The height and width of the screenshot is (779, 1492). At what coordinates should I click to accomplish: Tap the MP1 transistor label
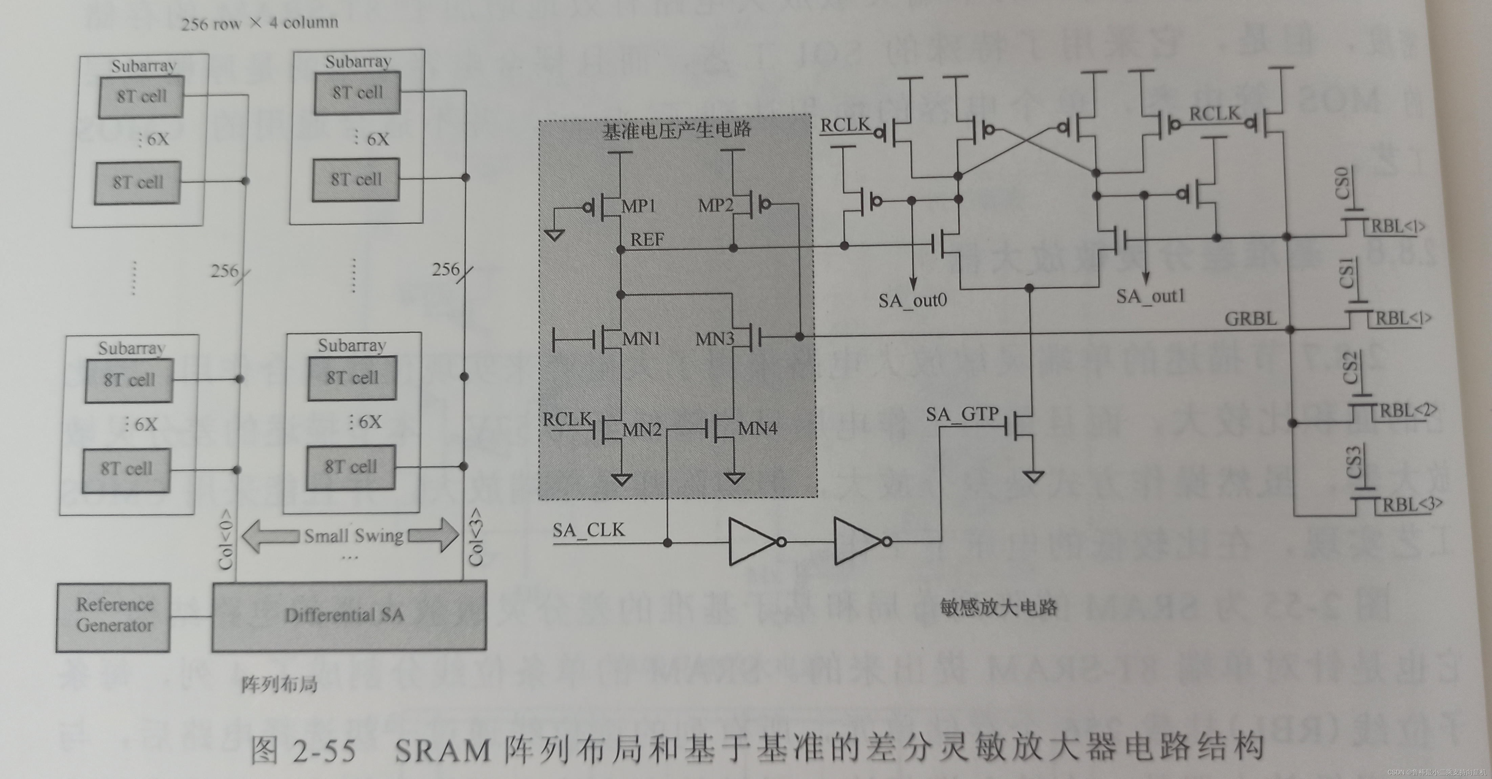[638, 206]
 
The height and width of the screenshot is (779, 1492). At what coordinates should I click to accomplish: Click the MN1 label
[641, 339]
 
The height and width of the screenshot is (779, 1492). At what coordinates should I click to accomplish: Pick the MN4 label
[758, 428]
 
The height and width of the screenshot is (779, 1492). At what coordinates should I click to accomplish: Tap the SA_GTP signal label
[962, 414]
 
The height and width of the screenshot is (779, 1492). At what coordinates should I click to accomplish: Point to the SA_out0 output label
[912, 300]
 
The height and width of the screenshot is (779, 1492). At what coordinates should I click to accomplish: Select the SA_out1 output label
[1150, 296]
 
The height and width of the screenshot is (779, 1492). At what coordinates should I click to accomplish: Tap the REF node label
[647, 239]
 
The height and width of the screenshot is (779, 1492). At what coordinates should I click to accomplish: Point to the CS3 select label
[1354, 461]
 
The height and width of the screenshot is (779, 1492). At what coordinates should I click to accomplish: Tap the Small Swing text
[353, 535]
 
